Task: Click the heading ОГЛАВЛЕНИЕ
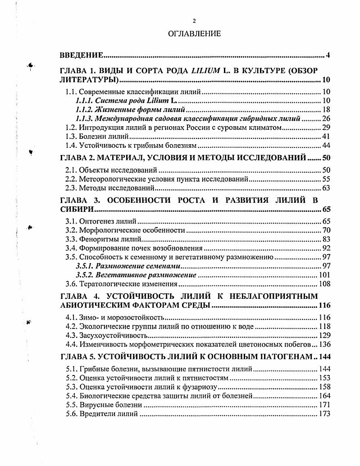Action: click(194, 34)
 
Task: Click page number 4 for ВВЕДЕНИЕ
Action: click(328, 55)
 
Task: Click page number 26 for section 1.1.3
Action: click(326, 119)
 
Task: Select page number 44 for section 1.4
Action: click(326, 146)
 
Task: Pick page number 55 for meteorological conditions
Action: click(326, 179)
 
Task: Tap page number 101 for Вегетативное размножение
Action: click(324, 275)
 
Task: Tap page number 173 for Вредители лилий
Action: click(324, 414)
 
